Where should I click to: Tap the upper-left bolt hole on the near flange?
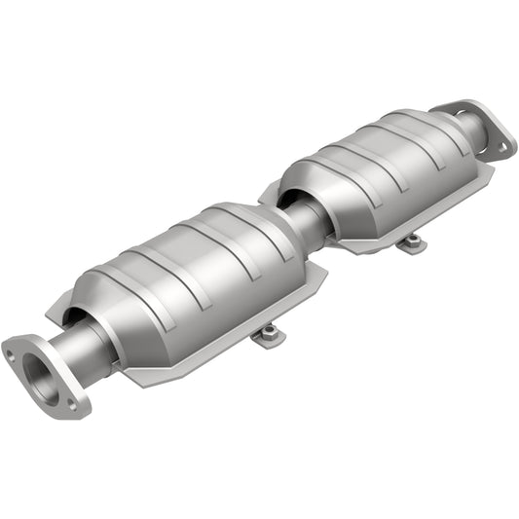(x=13, y=353)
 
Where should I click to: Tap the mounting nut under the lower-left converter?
(x=267, y=335)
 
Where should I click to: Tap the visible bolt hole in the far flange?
(x=503, y=147)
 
